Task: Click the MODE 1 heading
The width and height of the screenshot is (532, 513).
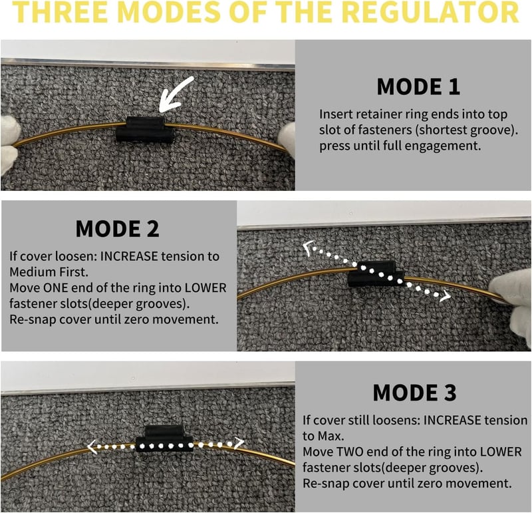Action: click(418, 86)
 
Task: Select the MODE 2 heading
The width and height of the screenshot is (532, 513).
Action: click(118, 228)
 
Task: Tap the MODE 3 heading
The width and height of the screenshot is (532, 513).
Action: click(414, 393)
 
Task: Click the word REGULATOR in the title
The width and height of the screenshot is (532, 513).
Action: click(430, 12)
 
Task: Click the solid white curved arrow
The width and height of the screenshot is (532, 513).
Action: click(175, 95)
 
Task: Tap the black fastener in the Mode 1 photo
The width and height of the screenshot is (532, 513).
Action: click(145, 129)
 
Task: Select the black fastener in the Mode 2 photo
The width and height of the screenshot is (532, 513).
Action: click(376, 274)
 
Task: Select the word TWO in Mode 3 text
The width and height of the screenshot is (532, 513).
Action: click(350, 452)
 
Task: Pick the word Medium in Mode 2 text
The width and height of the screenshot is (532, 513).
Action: click(29, 272)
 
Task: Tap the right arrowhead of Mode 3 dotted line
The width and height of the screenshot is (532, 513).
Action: click(239, 442)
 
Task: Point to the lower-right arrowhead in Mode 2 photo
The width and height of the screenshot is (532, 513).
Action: click(446, 296)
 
